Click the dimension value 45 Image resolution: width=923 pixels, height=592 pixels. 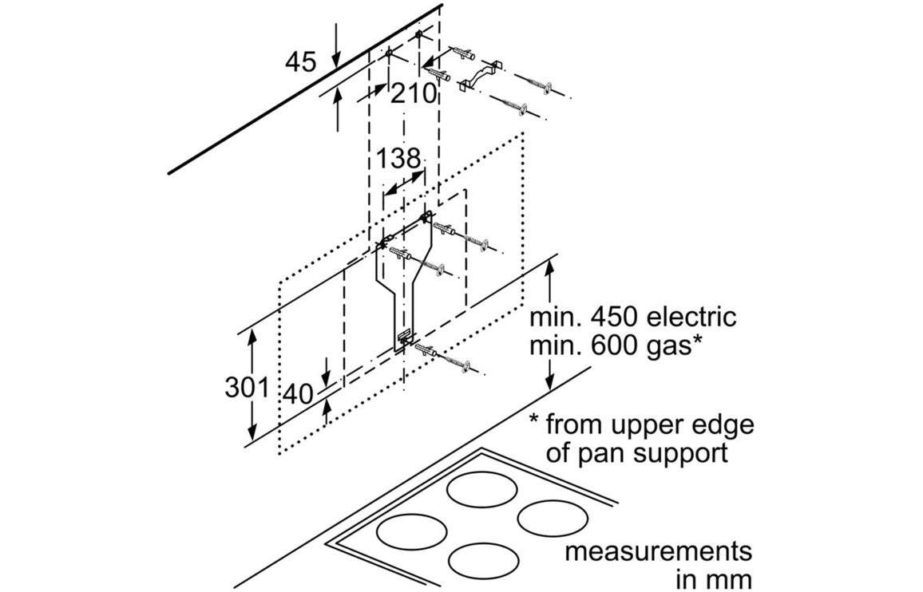tap(300, 61)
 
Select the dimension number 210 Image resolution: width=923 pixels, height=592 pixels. tap(414, 94)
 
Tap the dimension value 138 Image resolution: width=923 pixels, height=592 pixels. tap(398, 159)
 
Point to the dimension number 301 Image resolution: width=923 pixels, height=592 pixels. tap(246, 388)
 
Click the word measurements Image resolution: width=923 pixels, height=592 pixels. tap(658, 551)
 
